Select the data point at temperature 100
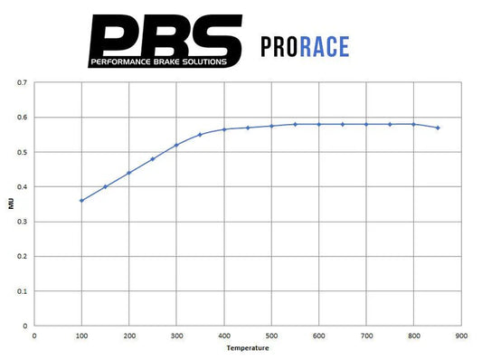pos(81,200)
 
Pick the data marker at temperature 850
pos(438,128)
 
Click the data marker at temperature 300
pos(176,145)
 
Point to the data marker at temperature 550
pos(295,124)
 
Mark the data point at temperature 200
pos(129,173)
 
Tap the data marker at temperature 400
pos(224,129)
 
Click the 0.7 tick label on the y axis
pos(22,82)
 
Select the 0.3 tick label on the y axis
pos(22,222)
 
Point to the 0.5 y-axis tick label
pos(22,152)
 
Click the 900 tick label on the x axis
pos(461,335)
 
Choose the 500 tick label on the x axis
pos(271,335)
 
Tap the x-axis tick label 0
pos(34,335)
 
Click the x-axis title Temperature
pos(248,347)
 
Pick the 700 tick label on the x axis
pos(366,335)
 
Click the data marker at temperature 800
pos(413,124)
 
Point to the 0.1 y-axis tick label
pos(22,291)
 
